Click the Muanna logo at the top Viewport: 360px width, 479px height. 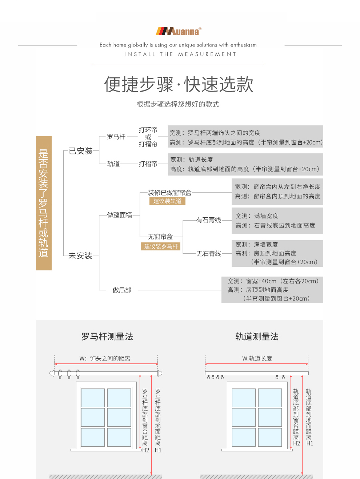[178, 31]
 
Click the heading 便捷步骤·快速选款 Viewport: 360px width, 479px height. [179, 85]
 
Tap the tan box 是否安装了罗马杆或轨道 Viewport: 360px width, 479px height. [44, 203]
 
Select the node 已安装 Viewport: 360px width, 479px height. [81, 151]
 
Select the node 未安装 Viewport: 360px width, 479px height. [80, 255]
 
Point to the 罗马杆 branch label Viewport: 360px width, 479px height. [116, 137]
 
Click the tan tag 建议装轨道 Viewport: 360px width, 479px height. [167, 201]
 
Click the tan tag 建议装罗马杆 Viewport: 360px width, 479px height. [161, 246]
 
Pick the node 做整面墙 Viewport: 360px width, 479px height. [120, 215]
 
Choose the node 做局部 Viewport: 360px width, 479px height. [122, 290]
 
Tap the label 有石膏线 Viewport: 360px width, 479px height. [208, 220]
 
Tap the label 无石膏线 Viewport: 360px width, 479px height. [209, 254]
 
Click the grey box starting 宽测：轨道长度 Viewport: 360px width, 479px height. [245, 164]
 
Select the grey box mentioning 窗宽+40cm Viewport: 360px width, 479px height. [272, 290]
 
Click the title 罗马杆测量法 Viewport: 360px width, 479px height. [107, 337]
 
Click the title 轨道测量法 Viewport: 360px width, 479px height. [257, 337]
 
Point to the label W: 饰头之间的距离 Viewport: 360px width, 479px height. [105, 358]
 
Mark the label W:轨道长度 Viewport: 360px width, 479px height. [257, 358]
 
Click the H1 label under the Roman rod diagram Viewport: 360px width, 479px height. [158, 450]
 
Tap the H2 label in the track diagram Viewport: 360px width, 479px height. [297, 443]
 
